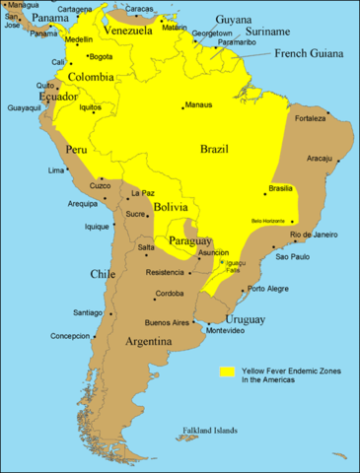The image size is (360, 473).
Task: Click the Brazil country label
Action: [214, 149]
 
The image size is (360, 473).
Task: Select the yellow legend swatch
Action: [226, 372]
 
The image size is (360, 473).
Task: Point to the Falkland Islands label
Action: [210, 431]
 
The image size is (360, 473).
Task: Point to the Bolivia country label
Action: [172, 208]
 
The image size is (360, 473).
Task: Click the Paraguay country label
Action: [190, 241]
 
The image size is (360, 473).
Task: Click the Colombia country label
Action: [90, 76]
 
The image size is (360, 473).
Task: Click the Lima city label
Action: [56, 170]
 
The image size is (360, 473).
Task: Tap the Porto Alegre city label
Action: [269, 289]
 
